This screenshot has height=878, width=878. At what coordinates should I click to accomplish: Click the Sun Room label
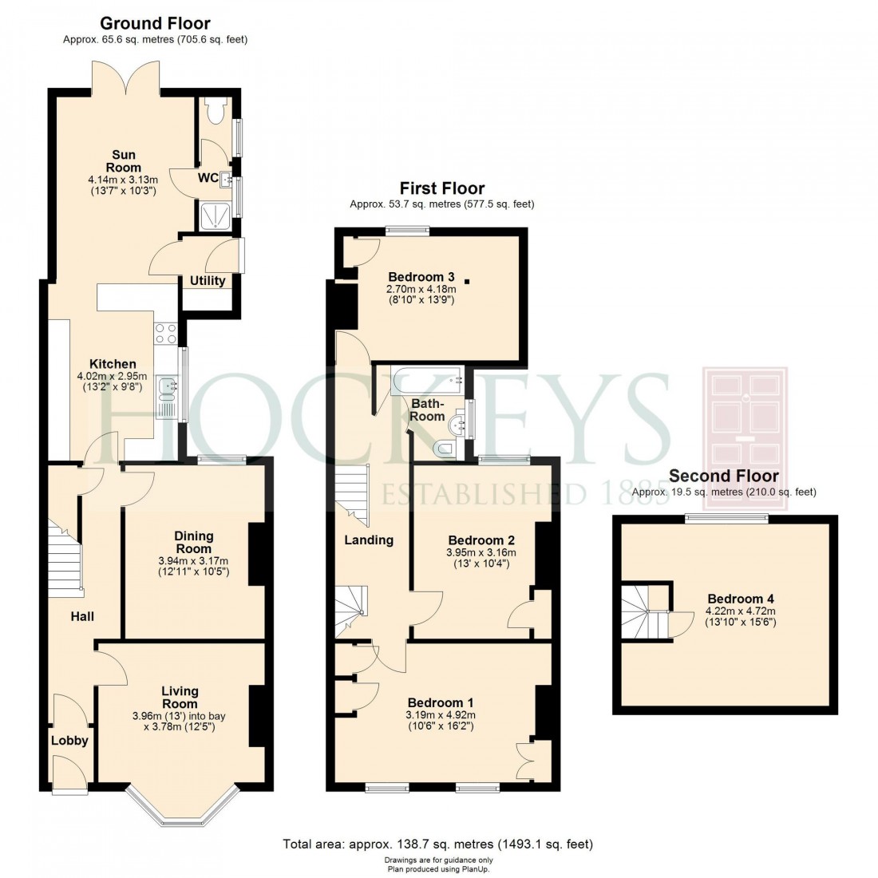[x=123, y=161]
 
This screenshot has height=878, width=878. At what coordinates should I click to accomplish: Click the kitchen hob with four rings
[x=165, y=334]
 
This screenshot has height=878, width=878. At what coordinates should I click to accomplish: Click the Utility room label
[x=208, y=281]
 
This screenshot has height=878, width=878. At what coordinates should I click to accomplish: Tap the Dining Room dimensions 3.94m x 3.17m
[x=193, y=561]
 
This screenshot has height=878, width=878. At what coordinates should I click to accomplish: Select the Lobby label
[x=69, y=741]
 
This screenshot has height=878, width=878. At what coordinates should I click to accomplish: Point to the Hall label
[x=82, y=616]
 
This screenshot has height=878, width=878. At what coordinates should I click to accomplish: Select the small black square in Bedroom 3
[x=467, y=280]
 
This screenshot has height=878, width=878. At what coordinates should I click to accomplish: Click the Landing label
[x=369, y=540]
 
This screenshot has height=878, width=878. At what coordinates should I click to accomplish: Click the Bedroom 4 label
[x=740, y=599]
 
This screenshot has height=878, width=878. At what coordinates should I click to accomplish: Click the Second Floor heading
[x=723, y=477]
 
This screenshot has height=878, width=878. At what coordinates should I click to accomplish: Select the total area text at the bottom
[x=438, y=844]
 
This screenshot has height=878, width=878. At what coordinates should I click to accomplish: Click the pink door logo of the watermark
[x=745, y=427]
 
